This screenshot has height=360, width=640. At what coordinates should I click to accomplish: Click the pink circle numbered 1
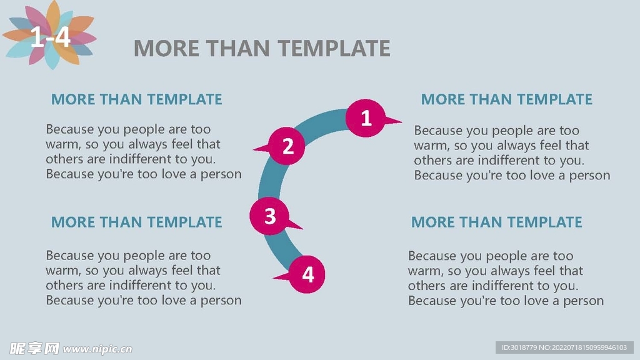click(365, 118)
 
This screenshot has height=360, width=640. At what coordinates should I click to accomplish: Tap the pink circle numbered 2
click(286, 146)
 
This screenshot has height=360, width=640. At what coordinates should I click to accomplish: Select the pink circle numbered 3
click(269, 216)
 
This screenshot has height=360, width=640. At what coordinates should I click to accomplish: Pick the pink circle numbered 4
click(307, 274)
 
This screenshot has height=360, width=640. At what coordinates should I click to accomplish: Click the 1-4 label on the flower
click(50, 37)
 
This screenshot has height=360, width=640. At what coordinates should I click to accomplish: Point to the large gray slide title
click(262, 48)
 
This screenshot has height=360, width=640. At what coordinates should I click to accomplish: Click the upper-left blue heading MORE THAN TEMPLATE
click(137, 99)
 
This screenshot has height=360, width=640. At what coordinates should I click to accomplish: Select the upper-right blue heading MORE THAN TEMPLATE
click(506, 99)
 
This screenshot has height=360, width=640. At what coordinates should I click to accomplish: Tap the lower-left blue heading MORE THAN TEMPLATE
click(137, 222)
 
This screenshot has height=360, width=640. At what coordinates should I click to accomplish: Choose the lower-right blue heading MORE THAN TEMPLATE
click(497, 222)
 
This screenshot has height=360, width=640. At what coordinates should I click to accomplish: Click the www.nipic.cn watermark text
click(97, 349)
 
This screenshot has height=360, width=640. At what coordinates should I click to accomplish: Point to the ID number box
click(564, 347)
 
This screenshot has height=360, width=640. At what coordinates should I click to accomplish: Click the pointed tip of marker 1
click(402, 121)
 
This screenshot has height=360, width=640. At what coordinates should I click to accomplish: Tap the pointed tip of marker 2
click(253, 149)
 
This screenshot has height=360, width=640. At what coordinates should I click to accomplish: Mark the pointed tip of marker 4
click(273, 278)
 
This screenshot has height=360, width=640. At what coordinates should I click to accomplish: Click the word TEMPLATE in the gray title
click(334, 48)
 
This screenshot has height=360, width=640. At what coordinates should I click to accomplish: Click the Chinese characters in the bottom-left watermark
click(34, 349)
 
